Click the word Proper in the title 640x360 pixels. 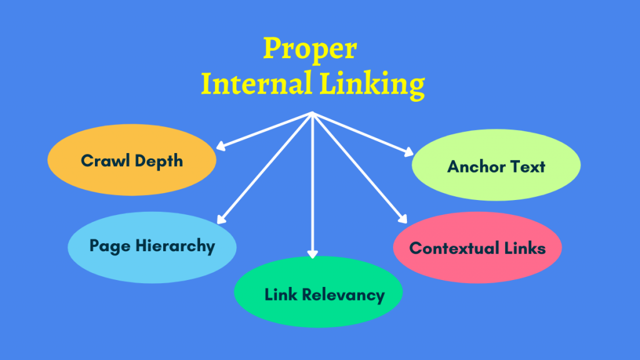310,49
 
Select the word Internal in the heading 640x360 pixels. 257,84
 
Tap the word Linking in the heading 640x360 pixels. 372,85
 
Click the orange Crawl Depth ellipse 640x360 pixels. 132,161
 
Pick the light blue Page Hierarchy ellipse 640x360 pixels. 152,246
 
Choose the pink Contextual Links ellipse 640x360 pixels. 477,248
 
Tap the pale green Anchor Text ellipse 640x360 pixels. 496,166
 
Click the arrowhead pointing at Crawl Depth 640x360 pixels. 220,147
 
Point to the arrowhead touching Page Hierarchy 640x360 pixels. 220,219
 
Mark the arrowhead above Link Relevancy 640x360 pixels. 313,254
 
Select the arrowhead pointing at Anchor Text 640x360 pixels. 409,152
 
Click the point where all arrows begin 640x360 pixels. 312,113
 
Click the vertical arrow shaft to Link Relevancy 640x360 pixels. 312,187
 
